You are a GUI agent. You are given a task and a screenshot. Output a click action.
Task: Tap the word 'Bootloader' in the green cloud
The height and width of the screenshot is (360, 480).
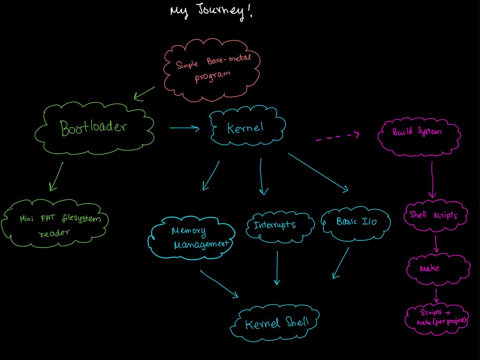click(x=93, y=127)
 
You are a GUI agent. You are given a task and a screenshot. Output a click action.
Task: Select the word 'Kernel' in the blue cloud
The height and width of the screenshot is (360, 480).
click(x=245, y=127)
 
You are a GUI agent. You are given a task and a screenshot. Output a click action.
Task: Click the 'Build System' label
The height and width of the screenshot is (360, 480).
click(x=417, y=132)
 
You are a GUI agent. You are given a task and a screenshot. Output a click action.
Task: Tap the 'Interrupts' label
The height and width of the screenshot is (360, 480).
click(x=275, y=225)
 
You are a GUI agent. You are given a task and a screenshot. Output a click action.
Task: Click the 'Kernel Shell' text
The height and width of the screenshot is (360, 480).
click(x=277, y=323)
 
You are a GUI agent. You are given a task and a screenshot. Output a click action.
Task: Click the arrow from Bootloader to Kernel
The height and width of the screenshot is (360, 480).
click(x=184, y=128)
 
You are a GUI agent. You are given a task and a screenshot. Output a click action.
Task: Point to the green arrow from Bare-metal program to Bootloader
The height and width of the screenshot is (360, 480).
click(x=144, y=93)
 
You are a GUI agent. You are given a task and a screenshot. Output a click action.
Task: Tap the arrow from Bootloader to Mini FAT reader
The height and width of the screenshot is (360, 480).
click(x=57, y=177)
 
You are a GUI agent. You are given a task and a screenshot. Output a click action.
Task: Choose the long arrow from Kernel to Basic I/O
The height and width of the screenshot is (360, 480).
click(x=318, y=172)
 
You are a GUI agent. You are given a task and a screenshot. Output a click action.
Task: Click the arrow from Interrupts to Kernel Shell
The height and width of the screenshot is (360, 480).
click(x=277, y=268)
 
